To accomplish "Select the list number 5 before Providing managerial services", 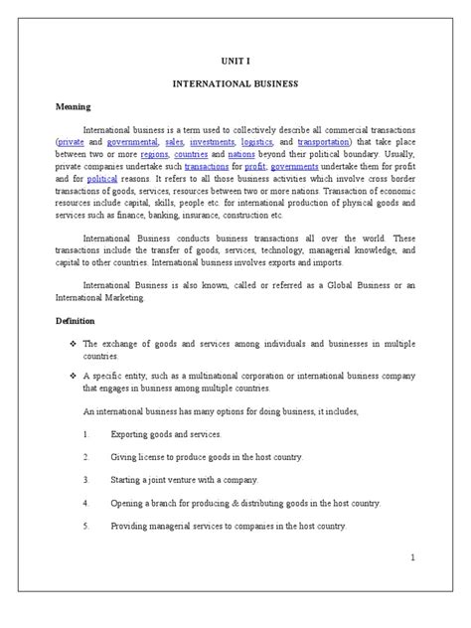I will click(86, 526).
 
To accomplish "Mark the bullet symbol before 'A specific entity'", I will click(61, 375).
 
